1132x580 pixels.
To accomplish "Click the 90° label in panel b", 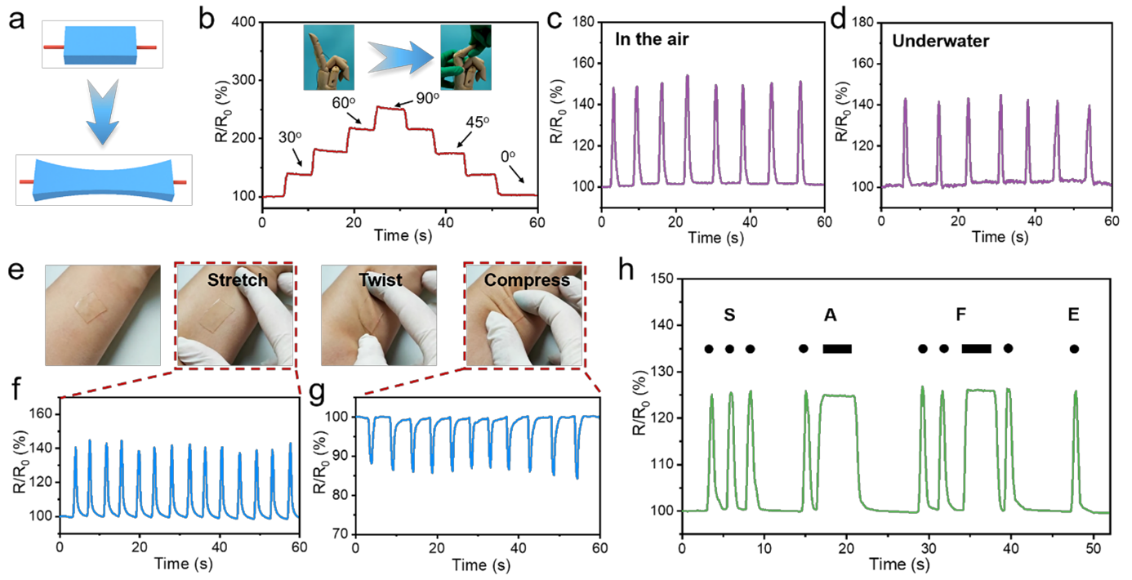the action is pyautogui.click(x=427, y=97).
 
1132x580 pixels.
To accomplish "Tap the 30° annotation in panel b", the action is pyautogui.click(x=290, y=137).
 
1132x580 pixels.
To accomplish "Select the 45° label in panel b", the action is pyautogui.click(x=478, y=122).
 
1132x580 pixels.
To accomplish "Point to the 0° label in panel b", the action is pyautogui.click(x=508, y=156).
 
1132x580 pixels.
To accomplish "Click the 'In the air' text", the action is pyautogui.click(x=652, y=39).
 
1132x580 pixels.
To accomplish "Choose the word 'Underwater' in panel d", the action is pyautogui.click(x=940, y=41).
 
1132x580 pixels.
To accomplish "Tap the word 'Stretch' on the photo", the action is pyautogui.click(x=238, y=279).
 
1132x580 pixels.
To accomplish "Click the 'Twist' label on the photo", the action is pyautogui.click(x=381, y=279).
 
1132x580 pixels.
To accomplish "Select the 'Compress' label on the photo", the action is pyautogui.click(x=527, y=280).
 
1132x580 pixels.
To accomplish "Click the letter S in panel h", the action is pyautogui.click(x=729, y=315).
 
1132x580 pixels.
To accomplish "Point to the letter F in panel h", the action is pyautogui.click(x=960, y=315).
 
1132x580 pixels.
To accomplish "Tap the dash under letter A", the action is pyautogui.click(x=837, y=348).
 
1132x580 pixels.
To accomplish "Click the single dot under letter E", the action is pyautogui.click(x=1074, y=348).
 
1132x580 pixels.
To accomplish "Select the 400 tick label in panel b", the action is pyautogui.click(x=243, y=22).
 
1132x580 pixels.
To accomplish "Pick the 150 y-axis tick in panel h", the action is pyautogui.click(x=662, y=279).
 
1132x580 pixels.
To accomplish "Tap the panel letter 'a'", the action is pyautogui.click(x=16, y=20).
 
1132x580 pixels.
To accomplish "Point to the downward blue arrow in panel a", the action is pyautogui.click(x=103, y=111).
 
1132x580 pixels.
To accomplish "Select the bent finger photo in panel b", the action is pyautogui.click(x=466, y=57).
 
